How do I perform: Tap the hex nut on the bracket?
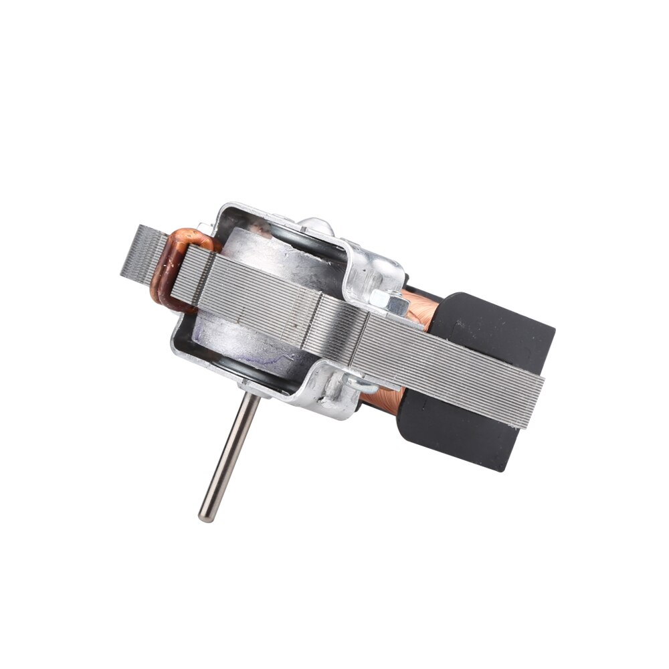[x=388, y=301]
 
